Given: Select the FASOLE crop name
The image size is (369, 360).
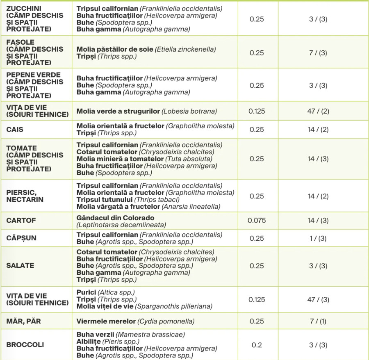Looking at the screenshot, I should point(20,42).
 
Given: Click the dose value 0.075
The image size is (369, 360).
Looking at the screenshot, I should point(257,221).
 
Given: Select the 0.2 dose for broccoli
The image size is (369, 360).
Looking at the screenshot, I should point(257,345).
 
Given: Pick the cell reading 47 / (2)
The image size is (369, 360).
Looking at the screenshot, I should point(318,111).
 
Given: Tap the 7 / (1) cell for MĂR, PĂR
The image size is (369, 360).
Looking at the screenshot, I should point(318,321).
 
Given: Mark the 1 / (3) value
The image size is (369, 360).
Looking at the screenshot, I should point(318,238).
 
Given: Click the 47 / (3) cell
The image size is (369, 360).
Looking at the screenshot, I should point(318,299).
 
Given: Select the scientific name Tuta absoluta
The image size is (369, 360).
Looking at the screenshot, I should point(189,159).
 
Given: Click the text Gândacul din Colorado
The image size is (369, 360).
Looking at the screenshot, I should point(116,218).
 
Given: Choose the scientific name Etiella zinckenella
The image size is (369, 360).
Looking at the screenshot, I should point(185,50).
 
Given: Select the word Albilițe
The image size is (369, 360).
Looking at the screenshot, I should point(88,342).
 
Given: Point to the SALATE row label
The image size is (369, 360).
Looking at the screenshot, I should point(20,266).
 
